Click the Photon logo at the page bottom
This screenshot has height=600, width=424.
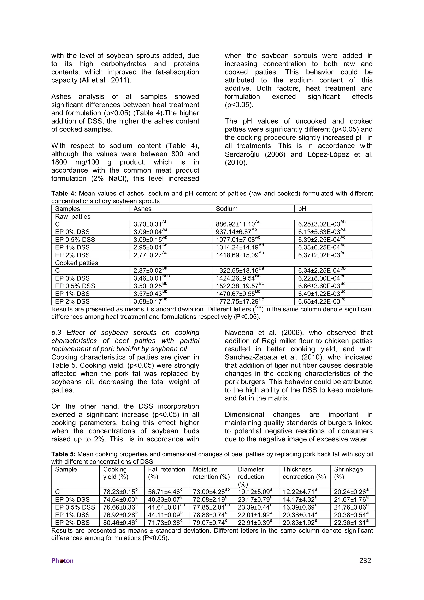pyautogui.click(x=63, y=561)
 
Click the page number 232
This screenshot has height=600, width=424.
pyautogui.click(x=365, y=560)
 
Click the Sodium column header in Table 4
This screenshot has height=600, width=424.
pyautogui.click(x=226, y=209)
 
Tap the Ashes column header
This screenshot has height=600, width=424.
pyautogui.click(x=142, y=209)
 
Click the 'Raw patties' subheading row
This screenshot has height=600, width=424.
pyautogui.click(x=73, y=217)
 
